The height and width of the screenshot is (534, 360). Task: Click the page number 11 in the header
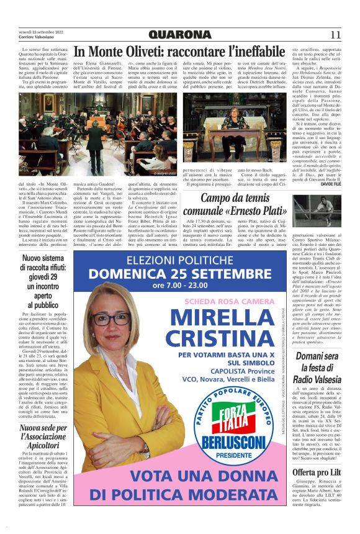(335, 35)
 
